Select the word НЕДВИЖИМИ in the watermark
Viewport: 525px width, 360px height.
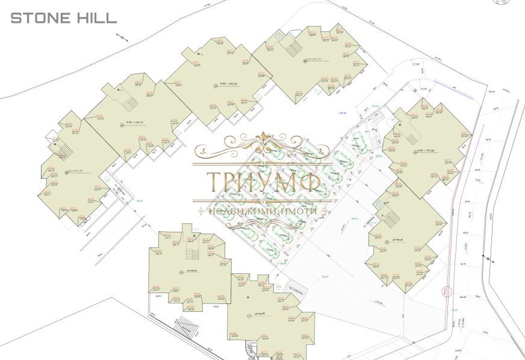(x=237, y=212)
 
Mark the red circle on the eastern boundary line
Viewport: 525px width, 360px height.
(x=446, y=292)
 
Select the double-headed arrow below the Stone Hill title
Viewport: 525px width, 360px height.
(x=122, y=37)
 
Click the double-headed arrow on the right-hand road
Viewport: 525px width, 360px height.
(x=488, y=259)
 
